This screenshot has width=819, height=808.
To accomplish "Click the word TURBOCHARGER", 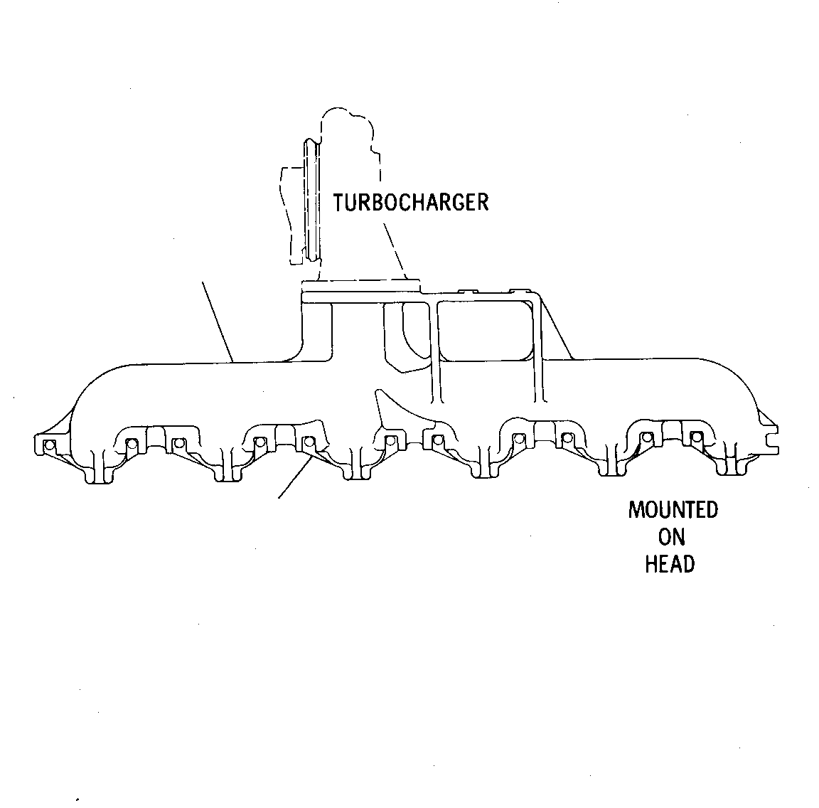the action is point(411,202).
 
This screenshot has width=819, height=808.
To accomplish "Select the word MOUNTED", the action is point(673,509).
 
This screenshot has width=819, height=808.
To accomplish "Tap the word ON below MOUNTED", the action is point(671,537).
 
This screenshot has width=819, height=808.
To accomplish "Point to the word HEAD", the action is point(670,565).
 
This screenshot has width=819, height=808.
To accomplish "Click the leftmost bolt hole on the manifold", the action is point(50,445).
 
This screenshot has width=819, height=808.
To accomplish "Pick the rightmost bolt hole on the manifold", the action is point(696,437).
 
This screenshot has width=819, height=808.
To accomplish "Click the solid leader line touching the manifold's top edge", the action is point(218,322).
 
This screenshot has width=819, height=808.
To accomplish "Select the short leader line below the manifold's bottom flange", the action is point(296,477).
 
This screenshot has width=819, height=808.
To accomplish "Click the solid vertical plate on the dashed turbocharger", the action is point(312,200).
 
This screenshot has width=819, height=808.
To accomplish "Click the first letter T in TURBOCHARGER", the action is point(339,202).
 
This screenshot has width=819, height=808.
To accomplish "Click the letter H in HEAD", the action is point(651,565).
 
